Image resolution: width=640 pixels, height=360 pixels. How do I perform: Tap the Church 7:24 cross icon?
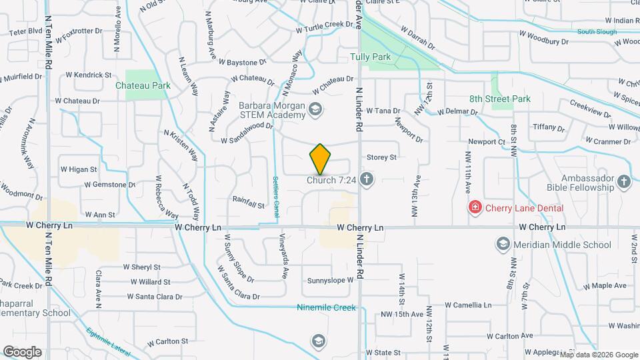366,179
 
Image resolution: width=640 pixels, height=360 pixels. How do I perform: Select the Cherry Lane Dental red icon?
475,207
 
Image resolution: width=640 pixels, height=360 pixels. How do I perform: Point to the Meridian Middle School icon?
504,245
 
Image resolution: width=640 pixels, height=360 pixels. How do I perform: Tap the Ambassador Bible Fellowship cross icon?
623,181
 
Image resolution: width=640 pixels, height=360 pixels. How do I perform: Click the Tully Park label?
371,57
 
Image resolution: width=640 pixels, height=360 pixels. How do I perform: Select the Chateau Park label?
143,85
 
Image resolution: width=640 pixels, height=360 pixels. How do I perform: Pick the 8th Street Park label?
499,99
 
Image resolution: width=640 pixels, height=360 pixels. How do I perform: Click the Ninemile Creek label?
327,308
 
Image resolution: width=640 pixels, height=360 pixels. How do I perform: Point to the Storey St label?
382,157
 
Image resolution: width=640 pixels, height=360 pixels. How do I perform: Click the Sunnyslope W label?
330,281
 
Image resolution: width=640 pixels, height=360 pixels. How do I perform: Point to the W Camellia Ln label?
469,305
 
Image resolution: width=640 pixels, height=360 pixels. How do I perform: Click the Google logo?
22,352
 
